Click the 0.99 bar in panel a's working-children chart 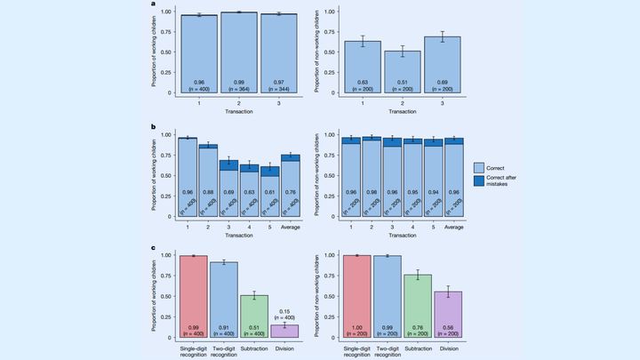(x=239, y=53)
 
